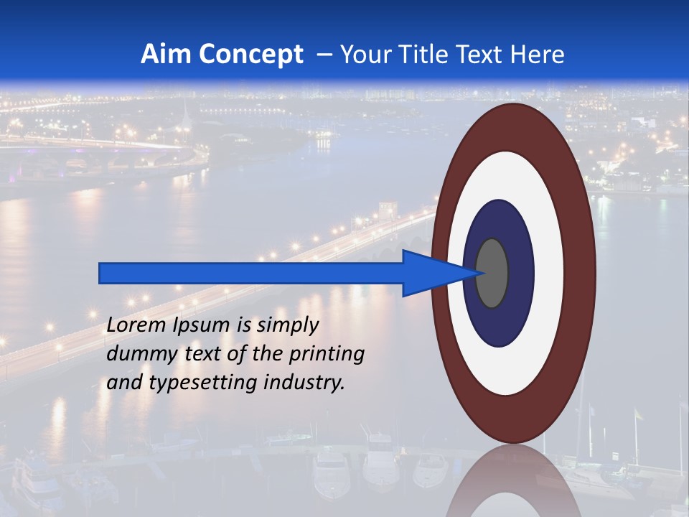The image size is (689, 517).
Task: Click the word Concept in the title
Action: (250, 55)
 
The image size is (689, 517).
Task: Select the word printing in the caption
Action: (327, 354)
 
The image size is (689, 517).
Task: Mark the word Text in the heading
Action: (495, 55)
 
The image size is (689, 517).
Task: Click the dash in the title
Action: (324, 55)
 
